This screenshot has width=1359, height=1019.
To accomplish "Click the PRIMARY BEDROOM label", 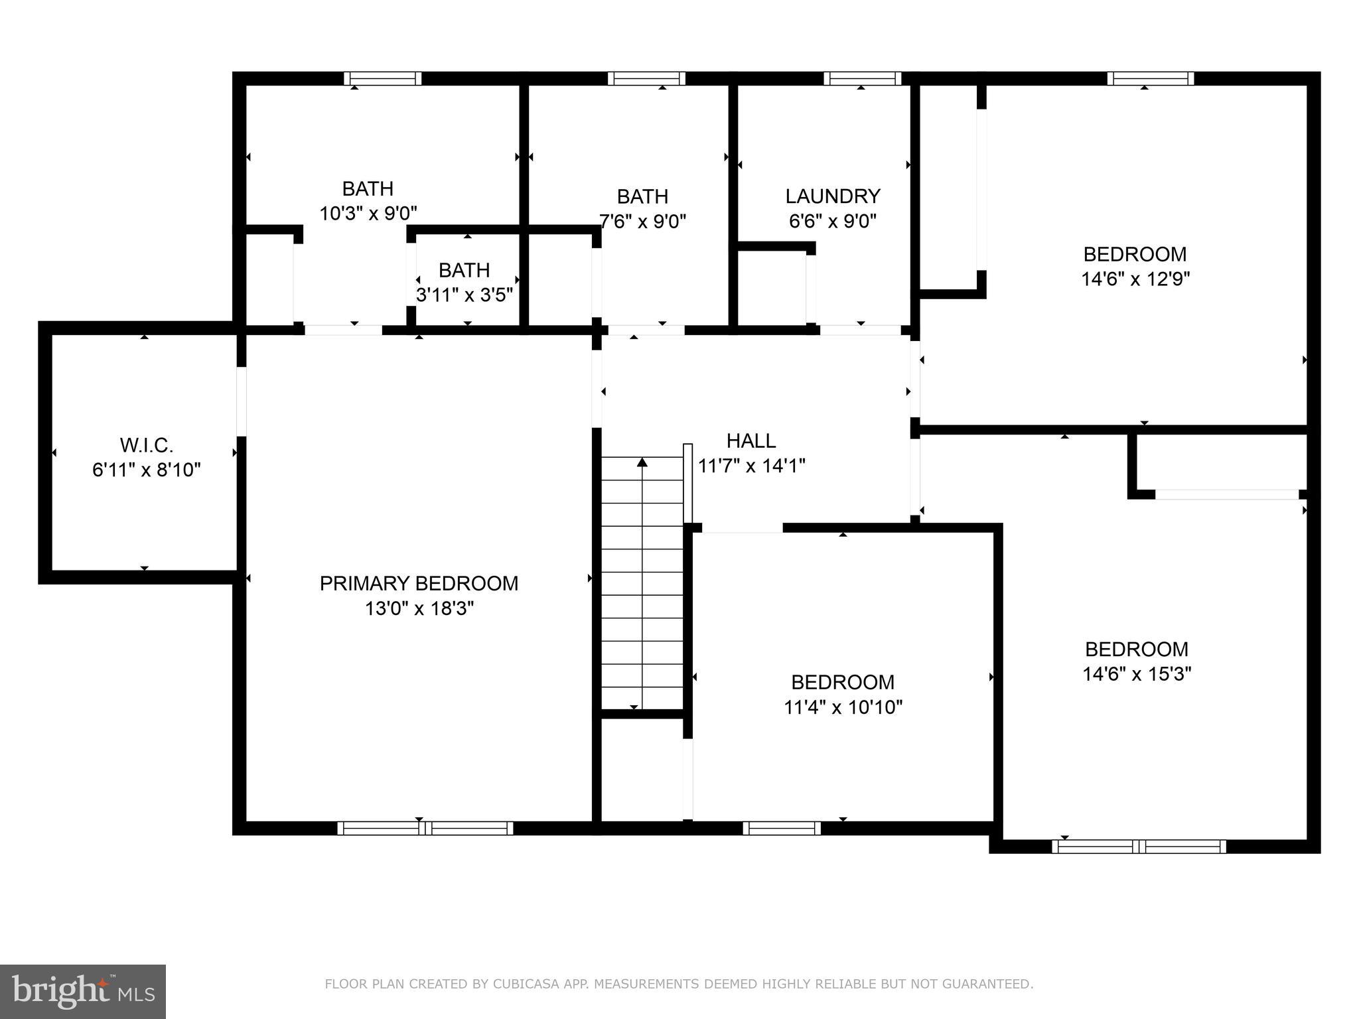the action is [419, 583].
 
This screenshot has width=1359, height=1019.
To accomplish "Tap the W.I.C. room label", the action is [147, 445].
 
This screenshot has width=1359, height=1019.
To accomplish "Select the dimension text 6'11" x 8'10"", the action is [147, 470].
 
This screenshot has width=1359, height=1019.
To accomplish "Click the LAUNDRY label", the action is [833, 196].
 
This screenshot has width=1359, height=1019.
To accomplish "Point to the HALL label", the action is [751, 441].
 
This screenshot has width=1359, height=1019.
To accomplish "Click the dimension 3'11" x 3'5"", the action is [465, 295].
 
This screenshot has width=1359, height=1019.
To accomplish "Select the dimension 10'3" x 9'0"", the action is [368, 214].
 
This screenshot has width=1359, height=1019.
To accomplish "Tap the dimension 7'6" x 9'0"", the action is [642, 221].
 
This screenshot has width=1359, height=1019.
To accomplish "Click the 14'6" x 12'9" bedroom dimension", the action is [1135, 279].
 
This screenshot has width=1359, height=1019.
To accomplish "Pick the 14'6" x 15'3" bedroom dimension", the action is [1137, 674].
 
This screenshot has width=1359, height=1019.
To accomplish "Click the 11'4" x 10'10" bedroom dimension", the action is [843, 707].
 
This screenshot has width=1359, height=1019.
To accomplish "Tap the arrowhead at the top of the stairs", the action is [642, 462].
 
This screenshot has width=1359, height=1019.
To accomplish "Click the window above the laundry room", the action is [862, 78].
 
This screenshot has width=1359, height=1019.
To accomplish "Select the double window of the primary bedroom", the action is [425, 828].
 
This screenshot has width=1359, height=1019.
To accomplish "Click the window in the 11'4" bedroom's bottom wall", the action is [782, 828].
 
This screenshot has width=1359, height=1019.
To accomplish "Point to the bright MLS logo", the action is [82, 991].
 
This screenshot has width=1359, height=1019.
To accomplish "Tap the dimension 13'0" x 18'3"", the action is [419, 608].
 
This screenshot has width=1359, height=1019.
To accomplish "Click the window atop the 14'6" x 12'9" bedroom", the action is [1151, 78].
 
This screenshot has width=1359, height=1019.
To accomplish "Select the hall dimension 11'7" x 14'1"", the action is [751, 466].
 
